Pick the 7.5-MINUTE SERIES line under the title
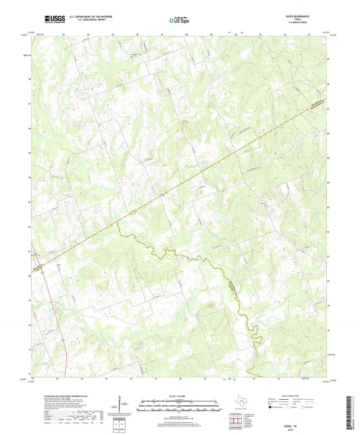click(x=303, y=24)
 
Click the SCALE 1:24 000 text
click(x=180, y=396)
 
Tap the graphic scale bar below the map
click(x=180, y=405)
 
